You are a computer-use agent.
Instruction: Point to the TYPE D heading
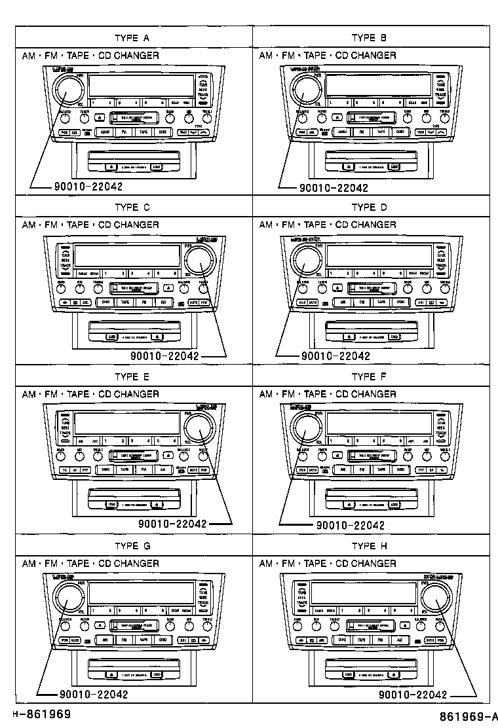369,208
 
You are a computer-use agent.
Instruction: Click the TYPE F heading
369,377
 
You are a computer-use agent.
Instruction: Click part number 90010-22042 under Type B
334,188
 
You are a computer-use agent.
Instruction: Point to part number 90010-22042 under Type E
173,524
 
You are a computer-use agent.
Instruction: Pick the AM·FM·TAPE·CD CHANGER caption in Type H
328,564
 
